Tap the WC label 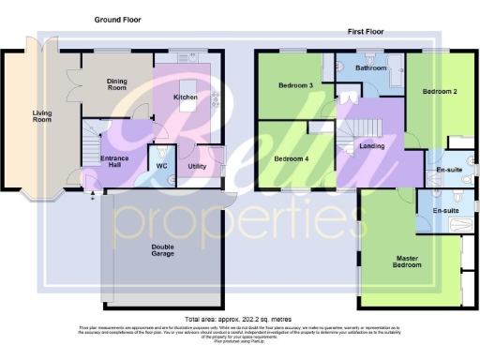[161, 166]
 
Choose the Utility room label [197, 166]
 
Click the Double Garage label [163, 251]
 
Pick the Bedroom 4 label [290, 158]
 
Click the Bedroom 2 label [438, 92]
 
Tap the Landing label [371, 145]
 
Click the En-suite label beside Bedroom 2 [451, 169]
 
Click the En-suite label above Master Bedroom [444, 211]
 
